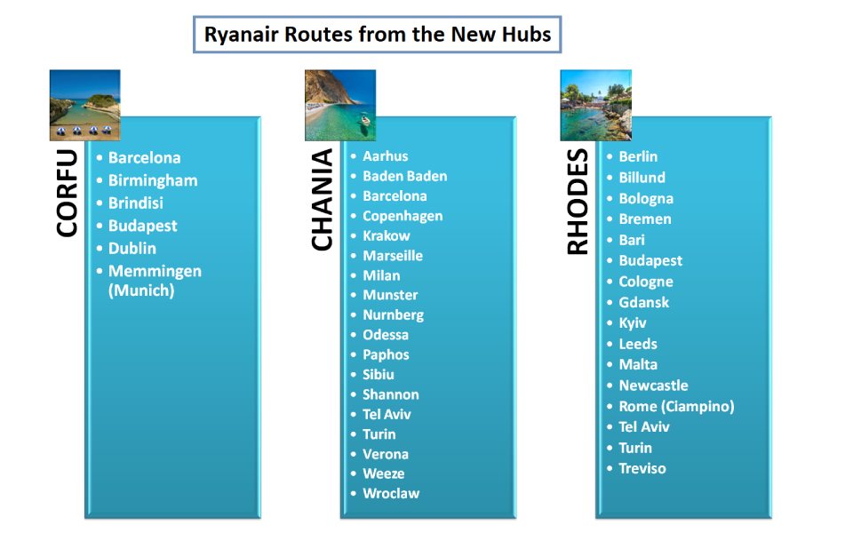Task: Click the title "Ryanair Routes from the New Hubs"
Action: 378,35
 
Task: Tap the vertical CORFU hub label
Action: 67,193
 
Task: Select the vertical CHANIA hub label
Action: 322,199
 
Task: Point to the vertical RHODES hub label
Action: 578,202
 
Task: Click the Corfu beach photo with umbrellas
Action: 85,105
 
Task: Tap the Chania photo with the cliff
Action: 340,105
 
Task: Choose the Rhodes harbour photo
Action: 595,105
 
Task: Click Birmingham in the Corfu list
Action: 153,180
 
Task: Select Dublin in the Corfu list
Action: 132,249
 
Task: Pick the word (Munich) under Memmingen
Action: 141,290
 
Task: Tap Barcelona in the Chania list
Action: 395,195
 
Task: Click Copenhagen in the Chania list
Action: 403,216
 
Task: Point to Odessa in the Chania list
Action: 386,335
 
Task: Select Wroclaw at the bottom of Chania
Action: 391,493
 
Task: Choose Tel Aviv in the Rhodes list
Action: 644,427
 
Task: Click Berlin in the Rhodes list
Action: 638,156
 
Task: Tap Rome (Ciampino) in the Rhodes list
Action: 677,406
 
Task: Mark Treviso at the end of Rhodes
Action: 642,468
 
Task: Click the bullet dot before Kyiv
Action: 610,323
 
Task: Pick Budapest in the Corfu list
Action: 142,226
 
